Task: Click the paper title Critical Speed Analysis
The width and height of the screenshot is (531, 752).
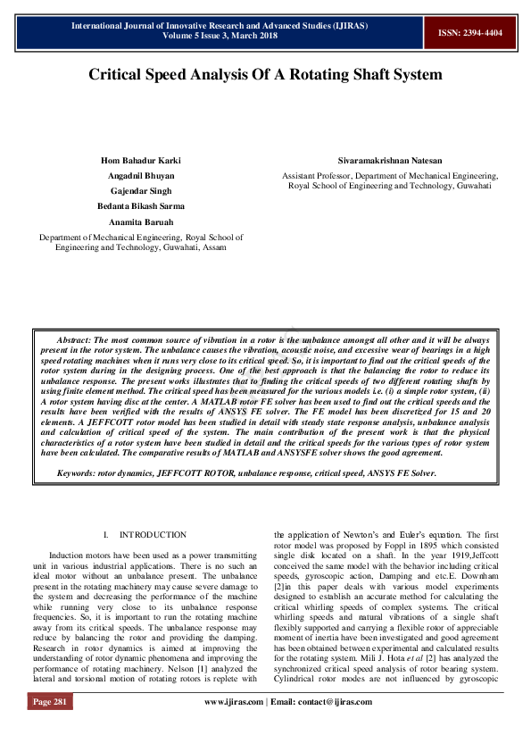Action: tap(265, 75)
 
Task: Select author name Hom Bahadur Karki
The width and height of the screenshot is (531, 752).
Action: tap(141, 160)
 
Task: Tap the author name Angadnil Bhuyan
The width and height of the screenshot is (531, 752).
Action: tap(141, 176)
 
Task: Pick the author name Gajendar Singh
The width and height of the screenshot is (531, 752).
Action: tap(141, 191)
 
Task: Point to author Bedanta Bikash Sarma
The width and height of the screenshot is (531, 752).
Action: tap(141, 206)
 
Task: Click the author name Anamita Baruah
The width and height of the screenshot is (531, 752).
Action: tap(141, 221)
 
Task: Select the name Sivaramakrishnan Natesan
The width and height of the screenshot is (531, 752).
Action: tap(390, 160)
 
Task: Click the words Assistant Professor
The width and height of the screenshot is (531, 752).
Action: tap(317, 177)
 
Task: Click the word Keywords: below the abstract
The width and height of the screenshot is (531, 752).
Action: tap(77, 472)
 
